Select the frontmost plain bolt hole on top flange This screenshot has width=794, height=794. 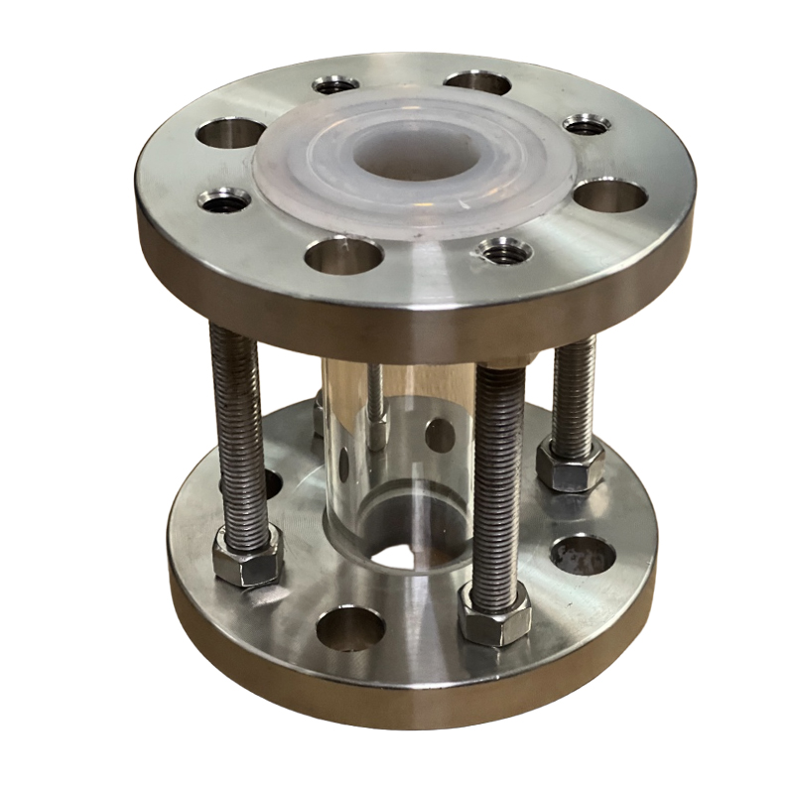[344, 255]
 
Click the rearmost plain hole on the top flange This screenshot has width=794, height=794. [477, 81]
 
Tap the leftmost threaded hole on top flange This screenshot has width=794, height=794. [224, 200]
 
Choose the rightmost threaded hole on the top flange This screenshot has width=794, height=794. [587, 125]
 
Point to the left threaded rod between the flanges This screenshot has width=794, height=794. [235, 427]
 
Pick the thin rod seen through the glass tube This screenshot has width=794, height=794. [375, 407]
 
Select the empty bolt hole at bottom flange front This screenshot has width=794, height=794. [349, 627]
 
